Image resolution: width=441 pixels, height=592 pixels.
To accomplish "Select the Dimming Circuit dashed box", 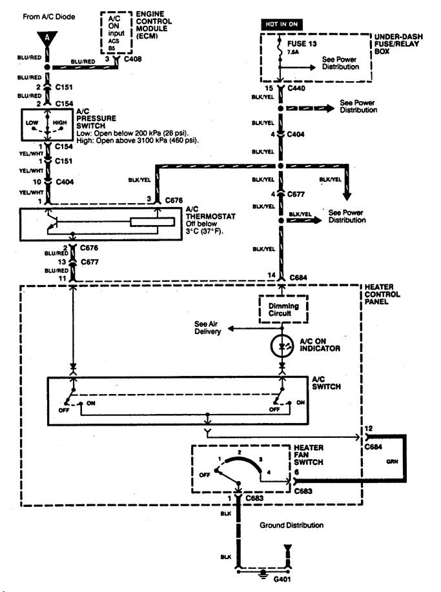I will tap(282, 308).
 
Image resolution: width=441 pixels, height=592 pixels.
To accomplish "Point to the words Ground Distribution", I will tap(292, 525).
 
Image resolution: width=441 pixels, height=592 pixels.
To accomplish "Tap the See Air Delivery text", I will tap(208, 327).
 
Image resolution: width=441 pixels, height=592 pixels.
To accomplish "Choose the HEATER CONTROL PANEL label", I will tap(383, 293).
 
